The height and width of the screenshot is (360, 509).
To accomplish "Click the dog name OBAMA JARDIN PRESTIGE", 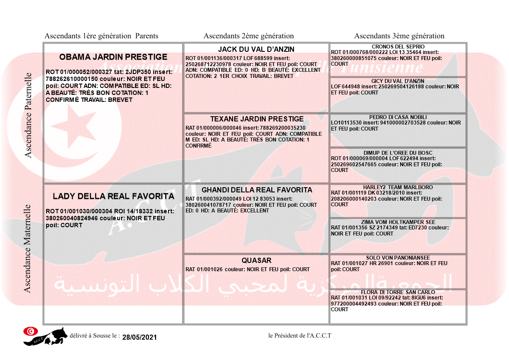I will pyautogui.click(x=113, y=57).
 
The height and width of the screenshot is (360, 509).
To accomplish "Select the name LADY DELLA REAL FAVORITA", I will pyautogui.click(x=113, y=196).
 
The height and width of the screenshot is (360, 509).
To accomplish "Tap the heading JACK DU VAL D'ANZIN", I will pyautogui.click(x=256, y=49).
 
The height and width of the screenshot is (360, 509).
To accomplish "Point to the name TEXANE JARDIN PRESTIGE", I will pyautogui.click(x=257, y=119).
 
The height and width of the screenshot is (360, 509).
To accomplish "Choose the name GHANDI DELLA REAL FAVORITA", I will pyautogui.click(x=257, y=190).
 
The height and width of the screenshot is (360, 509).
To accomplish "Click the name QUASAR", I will pyautogui.click(x=256, y=260).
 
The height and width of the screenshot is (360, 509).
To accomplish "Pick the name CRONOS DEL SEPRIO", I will pyautogui.click(x=398, y=47).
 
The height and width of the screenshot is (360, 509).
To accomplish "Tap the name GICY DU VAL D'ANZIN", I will pyautogui.click(x=398, y=81).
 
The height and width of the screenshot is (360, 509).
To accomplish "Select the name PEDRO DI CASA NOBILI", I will pyautogui.click(x=398, y=117).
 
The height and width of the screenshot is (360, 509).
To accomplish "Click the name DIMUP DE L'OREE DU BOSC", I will pyautogui.click(x=398, y=153).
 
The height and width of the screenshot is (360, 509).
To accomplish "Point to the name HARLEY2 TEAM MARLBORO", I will pyautogui.click(x=398, y=187).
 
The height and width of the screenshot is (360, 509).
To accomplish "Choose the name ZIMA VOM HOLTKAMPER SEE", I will pyautogui.click(x=398, y=222).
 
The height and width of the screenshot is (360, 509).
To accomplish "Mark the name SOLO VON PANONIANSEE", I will pyautogui.click(x=398, y=258).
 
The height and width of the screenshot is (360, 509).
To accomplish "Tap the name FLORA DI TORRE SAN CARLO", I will pyautogui.click(x=398, y=292).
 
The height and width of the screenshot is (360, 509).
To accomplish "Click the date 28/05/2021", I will pyautogui.click(x=139, y=337).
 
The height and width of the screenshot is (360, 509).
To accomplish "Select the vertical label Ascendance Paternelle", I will pyautogui.click(x=28, y=115).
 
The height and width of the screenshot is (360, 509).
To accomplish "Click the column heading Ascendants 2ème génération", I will pyautogui.click(x=249, y=36).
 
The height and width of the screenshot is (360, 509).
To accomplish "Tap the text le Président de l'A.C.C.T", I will pyautogui.click(x=300, y=335).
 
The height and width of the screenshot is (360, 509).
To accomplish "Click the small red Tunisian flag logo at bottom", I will pyautogui.click(x=30, y=331).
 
